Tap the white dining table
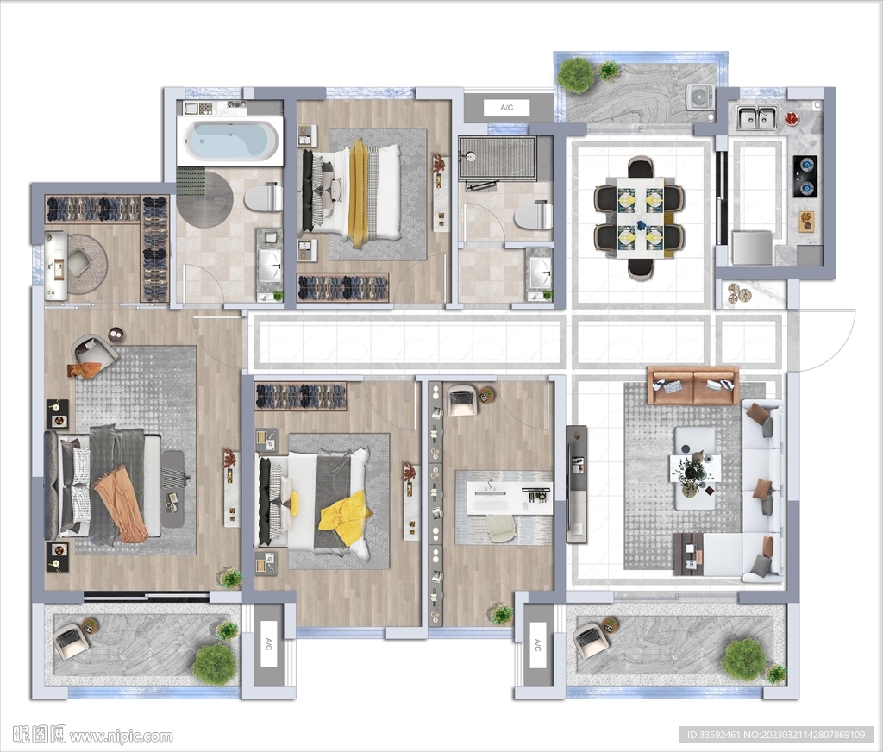[x=640, y=217]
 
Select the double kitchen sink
[x=757, y=118]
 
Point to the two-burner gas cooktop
[x=805, y=176]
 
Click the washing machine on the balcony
[x=700, y=97]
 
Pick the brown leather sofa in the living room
[x=692, y=385]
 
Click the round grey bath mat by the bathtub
[x=204, y=199]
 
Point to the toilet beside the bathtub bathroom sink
[x=264, y=197]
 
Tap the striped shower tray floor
[x=498, y=158]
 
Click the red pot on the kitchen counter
[x=792, y=118]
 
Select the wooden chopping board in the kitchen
[x=807, y=221]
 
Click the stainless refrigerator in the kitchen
[x=752, y=248]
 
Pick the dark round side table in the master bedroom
[x=116, y=335]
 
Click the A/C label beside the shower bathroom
[x=507, y=108]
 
